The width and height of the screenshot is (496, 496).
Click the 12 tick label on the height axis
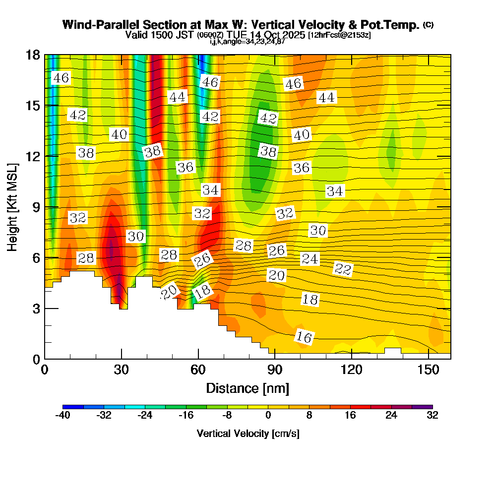pyautogui.click(x=32, y=156)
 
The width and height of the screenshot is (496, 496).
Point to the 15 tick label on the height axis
pyautogui.click(x=32, y=106)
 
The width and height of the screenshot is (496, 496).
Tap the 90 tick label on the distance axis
pyautogui.click(x=274, y=370)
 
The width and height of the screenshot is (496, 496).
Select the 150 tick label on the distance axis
pyautogui.click(x=428, y=370)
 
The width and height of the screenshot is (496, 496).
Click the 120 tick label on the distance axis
pyautogui.click(x=351, y=370)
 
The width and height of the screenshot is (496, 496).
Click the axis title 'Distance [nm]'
pyautogui.click(x=248, y=387)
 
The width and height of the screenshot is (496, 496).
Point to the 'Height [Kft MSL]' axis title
pyautogui.click(x=13, y=207)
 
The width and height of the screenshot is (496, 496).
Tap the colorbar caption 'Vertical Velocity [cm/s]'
pyautogui.click(x=248, y=434)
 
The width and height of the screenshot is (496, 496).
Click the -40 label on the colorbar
pyautogui.click(x=63, y=416)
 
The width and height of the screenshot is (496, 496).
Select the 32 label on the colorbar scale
pyautogui.click(x=432, y=416)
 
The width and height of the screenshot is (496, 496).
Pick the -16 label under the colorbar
pyautogui.click(x=186, y=416)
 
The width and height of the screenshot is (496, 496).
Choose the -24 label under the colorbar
pyautogui.click(x=145, y=416)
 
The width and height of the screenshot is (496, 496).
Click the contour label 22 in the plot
pyautogui.click(x=343, y=269)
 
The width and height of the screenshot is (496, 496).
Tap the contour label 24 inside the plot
pyautogui.click(x=310, y=259)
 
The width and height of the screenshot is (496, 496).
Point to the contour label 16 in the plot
pyautogui.click(x=304, y=337)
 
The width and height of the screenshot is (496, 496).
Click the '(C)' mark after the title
pyautogui.click(x=428, y=24)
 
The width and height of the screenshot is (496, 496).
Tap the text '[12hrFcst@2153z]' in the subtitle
pyautogui.click(x=339, y=35)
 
